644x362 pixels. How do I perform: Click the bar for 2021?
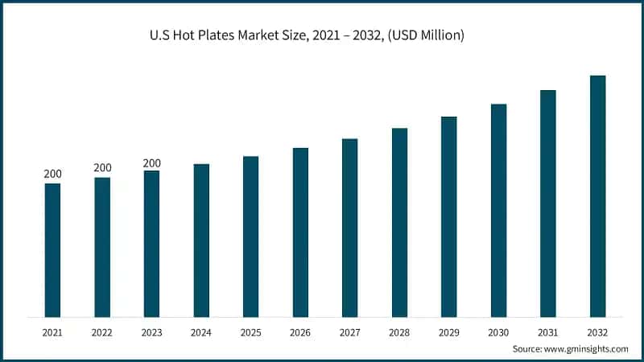point(52,249)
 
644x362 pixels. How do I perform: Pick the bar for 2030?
point(498,210)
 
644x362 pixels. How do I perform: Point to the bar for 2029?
point(448,216)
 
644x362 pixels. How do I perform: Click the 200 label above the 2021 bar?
point(52,174)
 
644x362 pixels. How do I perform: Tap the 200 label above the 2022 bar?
point(102,167)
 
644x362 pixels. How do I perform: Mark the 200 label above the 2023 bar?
point(151,163)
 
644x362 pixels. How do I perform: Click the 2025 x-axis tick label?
point(250,331)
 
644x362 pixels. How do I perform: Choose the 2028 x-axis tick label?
point(399,331)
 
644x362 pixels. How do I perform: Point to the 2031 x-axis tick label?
point(547,331)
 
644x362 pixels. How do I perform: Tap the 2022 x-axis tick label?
point(102,331)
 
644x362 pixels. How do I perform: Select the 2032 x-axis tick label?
point(597,331)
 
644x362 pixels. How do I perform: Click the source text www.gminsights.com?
point(584,349)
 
